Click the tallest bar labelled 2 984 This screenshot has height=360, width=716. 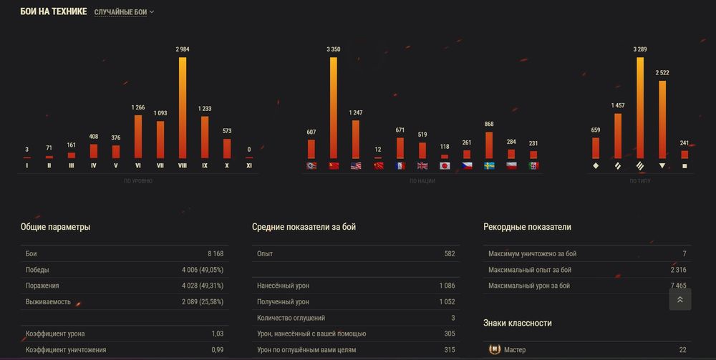182,107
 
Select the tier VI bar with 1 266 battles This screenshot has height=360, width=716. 137,136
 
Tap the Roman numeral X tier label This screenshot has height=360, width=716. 226,165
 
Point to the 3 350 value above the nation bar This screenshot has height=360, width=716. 333,49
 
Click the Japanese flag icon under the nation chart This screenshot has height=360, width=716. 444,165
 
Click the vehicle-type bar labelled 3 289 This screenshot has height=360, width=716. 639,107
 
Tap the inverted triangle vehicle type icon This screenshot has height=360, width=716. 662,165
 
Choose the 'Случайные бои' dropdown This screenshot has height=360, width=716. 125,12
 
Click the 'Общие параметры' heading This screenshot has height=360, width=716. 55,227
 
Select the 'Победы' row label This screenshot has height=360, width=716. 37,270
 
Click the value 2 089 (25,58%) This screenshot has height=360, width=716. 203,302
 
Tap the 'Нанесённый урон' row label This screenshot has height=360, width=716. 284,286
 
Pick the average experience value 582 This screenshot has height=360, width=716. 449,254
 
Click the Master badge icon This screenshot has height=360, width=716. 493,350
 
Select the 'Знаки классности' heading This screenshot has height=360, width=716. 517,323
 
